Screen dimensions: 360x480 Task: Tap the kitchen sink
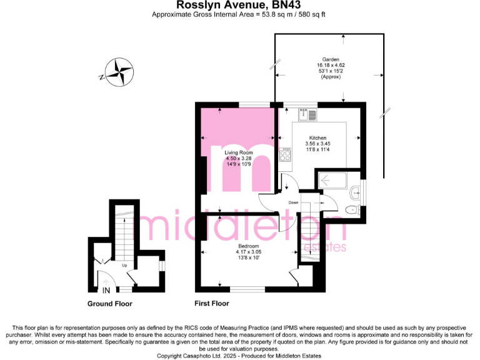click(308, 114)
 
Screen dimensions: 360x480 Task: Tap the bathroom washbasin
click(356, 191)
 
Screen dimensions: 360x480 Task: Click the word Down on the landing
click(294, 202)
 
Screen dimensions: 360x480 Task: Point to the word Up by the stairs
click(124, 266)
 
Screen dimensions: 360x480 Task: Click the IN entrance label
click(107, 290)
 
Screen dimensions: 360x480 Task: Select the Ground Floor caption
click(109, 304)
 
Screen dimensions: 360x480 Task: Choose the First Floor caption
click(211, 304)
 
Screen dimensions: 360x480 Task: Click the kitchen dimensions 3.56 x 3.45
click(318, 144)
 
